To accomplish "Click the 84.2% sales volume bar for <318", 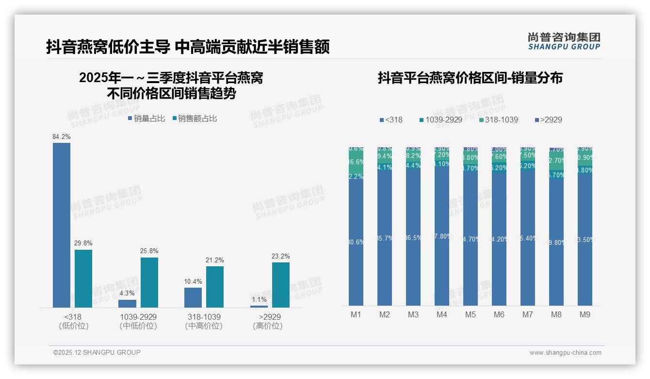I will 62,224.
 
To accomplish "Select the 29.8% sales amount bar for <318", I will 83,278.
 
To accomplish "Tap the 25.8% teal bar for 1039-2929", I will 149,282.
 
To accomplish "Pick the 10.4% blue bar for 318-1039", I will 193,297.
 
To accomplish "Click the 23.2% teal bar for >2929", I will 281,285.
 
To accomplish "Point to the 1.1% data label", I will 259,300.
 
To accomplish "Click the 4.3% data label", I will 128,293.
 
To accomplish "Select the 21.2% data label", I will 215,260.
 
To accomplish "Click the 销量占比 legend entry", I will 146,118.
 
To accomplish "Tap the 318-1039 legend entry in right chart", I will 498,120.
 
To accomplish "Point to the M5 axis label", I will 471,315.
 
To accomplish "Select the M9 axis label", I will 585,315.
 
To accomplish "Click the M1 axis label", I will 356,315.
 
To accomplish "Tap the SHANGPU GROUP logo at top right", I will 564,41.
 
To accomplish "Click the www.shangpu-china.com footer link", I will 565,353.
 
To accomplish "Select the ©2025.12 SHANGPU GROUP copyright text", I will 97,352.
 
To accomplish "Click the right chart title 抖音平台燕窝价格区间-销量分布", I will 470,78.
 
